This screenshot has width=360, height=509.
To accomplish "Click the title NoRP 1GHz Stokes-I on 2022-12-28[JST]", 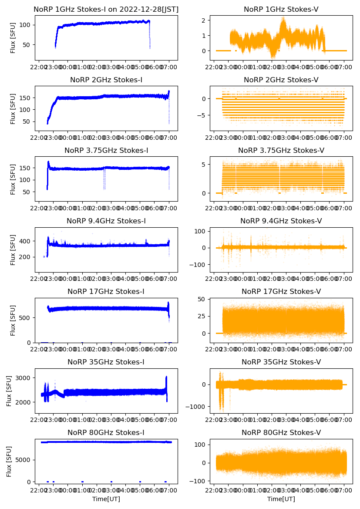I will (106, 9).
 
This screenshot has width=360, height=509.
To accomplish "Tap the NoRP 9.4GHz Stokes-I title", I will (106, 221).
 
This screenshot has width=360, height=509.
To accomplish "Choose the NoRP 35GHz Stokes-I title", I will (106, 362).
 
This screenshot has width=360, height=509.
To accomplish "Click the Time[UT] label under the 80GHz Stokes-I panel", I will (106, 499).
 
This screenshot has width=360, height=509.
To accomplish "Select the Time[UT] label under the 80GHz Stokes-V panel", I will (281, 499).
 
